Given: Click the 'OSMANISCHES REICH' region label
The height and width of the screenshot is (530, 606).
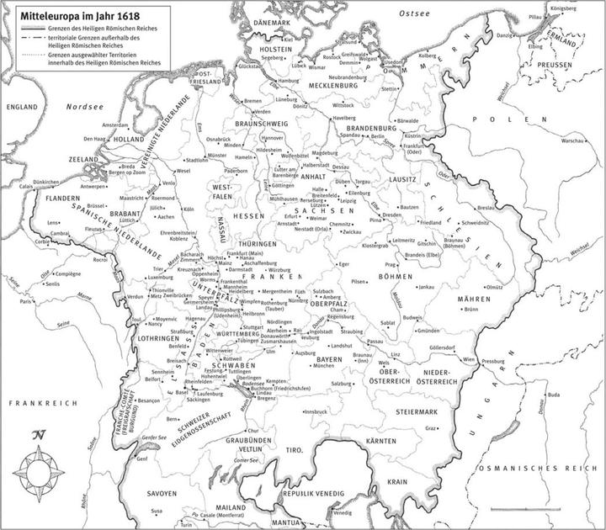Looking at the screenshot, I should point(539,467).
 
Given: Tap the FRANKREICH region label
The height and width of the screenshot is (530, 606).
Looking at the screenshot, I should point(31,403).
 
